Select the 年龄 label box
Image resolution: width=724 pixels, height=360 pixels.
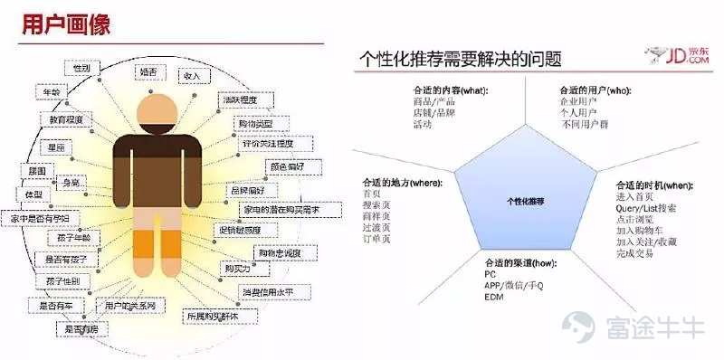click(52, 93)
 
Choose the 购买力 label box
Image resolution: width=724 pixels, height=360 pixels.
click(236, 269)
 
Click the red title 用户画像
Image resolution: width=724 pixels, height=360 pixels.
click(66, 24)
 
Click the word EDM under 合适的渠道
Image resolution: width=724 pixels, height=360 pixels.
click(493, 297)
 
